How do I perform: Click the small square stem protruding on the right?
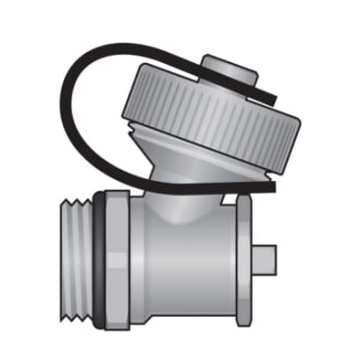click(267, 260)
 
